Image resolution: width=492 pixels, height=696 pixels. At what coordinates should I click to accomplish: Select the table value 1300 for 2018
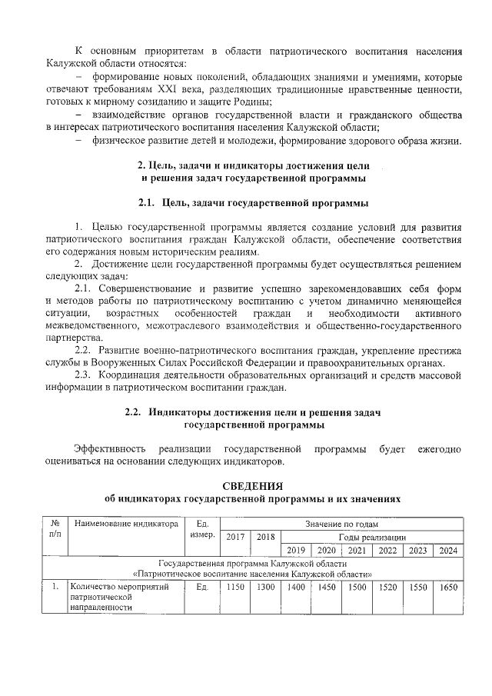tap(265, 587)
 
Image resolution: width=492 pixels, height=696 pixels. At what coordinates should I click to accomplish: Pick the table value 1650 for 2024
tap(448, 587)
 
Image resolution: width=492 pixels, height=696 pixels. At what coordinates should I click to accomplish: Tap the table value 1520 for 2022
tap(388, 587)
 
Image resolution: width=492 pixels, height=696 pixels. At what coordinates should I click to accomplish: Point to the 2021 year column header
tap(357, 550)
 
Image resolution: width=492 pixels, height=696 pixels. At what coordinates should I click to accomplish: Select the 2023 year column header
tap(418, 550)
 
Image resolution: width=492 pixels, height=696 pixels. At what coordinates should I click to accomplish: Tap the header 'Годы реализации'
tap(372, 537)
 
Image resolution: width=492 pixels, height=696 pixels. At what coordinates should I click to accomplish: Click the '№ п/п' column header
tap(55, 529)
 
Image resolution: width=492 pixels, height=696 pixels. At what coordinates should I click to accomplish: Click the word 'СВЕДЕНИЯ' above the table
tap(253, 485)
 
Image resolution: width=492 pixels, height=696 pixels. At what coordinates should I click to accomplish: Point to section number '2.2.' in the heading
tap(136, 411)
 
